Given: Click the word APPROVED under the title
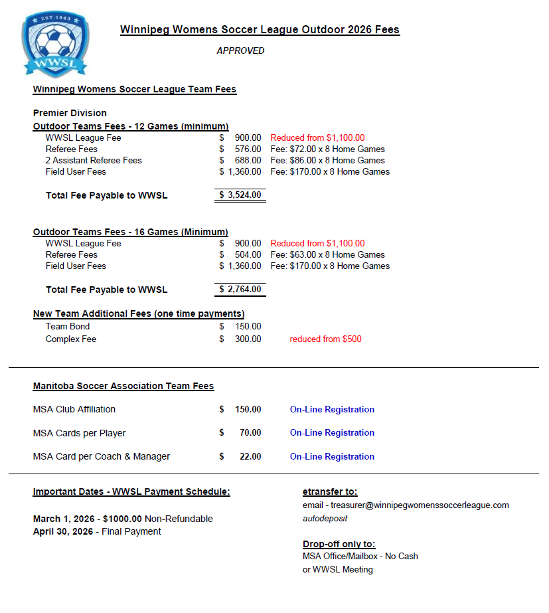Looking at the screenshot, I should pos(240,50).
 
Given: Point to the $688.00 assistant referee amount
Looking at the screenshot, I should pos(248,160).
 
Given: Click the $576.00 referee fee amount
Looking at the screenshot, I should pos(248,149).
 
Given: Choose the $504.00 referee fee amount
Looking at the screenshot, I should pos(248,254).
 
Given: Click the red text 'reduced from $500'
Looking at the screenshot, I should pos(325,339).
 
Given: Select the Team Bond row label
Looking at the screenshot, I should pos(68,326).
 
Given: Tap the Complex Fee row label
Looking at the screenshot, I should pos(71,339).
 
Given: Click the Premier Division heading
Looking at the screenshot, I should pos(70,113).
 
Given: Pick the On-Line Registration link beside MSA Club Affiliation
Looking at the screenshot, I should pos(332,409).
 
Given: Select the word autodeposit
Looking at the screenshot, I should pos(325,518).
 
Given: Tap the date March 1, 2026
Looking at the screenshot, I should pos(63,519).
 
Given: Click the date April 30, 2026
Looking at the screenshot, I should pos(64,531).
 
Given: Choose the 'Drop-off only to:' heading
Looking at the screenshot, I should pos(339,544).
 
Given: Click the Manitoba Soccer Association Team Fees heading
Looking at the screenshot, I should pos(123,386).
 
